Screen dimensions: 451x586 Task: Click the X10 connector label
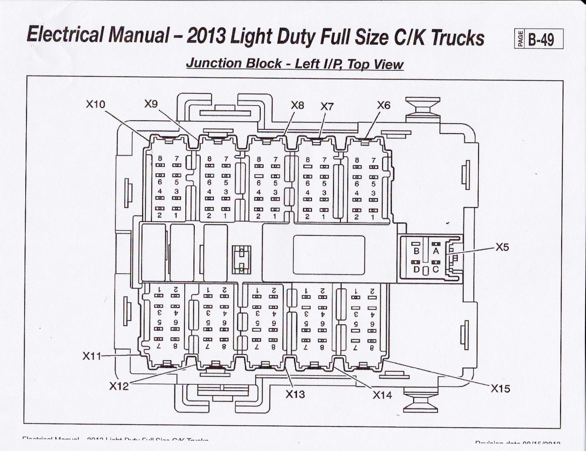(95, 104)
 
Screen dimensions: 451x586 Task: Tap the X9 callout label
(151, 104)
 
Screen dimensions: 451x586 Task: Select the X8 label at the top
(297, 106)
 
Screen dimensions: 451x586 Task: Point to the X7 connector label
(327, 107)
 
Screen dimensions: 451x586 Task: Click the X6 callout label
(383, 106)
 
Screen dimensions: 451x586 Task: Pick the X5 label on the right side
(502, 247)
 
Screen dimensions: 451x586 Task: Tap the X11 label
(92, 356)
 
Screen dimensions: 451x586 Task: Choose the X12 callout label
(119, 386)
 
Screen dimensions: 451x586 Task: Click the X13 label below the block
(295, 394)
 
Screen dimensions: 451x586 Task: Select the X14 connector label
(382, 395)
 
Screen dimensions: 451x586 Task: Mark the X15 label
(500, 389)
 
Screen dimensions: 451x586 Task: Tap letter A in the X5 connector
(436, 251)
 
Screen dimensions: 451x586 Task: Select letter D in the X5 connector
(416, 270)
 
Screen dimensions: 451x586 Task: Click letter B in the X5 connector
(416, 251)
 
